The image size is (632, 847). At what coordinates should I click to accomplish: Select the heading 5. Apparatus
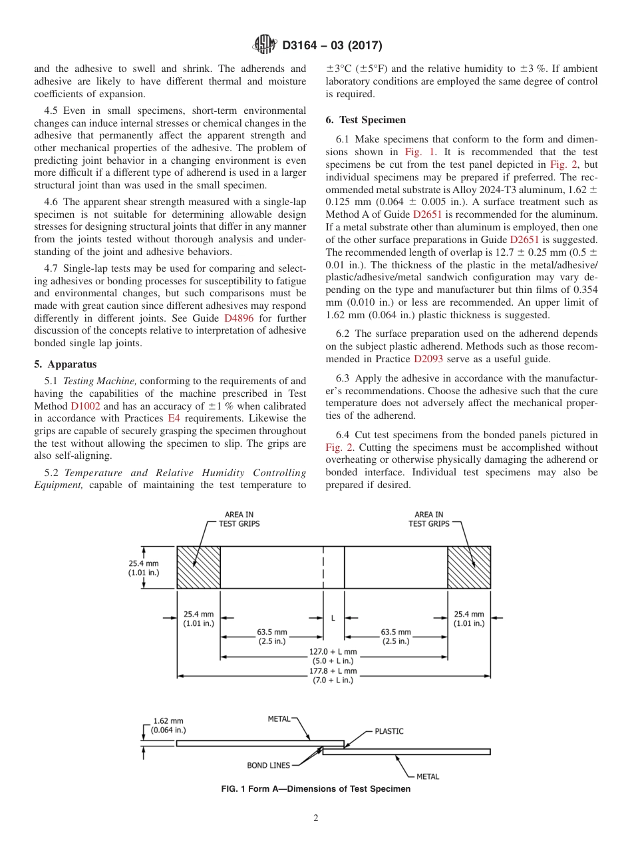coord(65,364)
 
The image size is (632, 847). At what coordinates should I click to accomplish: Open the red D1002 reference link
coord(85,406)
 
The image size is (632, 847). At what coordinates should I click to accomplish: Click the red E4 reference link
coord(174,418)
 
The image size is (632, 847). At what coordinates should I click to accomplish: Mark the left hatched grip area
coord(198,567)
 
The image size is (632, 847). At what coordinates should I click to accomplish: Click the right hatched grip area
coord(468,567)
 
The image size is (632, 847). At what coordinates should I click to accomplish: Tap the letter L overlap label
coord(333,618)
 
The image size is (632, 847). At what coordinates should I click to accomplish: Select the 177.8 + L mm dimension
coord(333,672)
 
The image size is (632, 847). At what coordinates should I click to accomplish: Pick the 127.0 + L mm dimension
coord(333,652)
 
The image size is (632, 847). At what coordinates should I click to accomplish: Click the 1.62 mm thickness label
coord(164,720)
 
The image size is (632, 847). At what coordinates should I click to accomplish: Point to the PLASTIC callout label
coord(389,731)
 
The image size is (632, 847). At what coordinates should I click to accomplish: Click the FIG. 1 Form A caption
coord(315,789)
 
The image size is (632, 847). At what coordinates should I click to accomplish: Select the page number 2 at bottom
coord(316,818)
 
